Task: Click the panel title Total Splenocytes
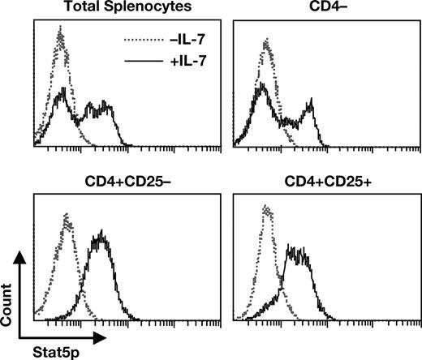(105, 8)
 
